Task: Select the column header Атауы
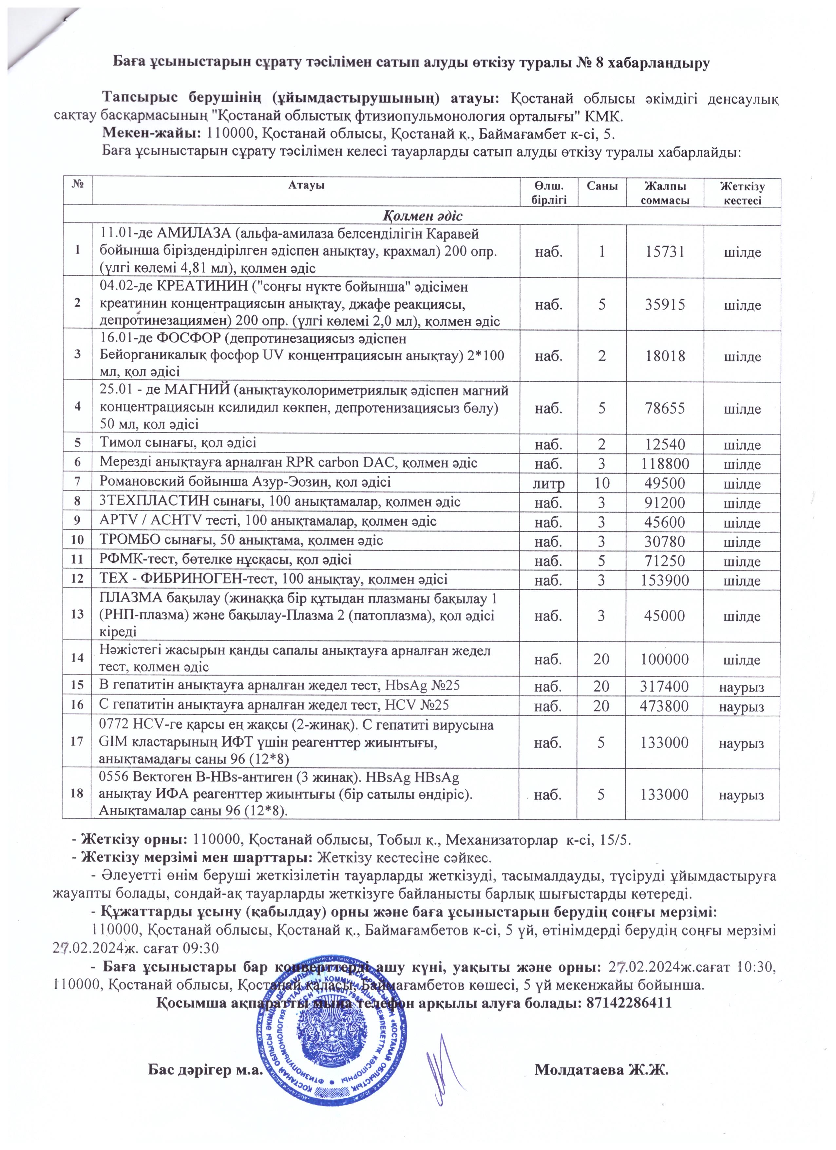tap(306, 185)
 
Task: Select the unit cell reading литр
tap(549, 483)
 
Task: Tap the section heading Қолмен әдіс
tap(422, 217)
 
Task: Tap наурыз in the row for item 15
tap(742, 687)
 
